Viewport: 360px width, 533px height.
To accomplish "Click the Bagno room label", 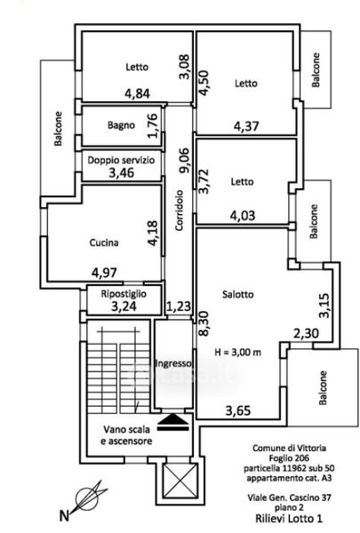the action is coord(121,125).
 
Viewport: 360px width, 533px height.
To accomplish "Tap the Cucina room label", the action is coord(104,243).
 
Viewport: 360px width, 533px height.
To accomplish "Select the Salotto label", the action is coord(238,294).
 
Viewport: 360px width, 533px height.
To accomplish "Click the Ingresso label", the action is coord(173,363).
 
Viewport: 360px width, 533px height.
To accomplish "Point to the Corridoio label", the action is coord(180,211).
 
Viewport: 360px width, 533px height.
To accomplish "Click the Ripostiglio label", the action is coord(124,294).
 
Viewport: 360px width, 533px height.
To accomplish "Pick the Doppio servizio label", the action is coord(121,160).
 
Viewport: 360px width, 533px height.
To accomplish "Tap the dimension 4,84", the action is coord(137,93).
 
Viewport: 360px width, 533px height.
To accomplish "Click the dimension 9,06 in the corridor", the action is coord(185,161).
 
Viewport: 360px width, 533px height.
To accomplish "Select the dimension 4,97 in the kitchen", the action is coord(104,273).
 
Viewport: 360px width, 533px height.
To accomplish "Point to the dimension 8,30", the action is coord(204,324).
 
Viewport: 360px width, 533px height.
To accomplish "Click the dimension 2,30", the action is coord(307,333).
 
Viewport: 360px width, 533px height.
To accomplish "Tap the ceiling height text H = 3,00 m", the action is coord(238,352).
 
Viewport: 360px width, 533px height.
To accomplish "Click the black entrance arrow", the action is coord(173,423).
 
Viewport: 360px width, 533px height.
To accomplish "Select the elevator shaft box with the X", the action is coord(180,481).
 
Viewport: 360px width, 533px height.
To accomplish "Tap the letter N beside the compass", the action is coord(64,516).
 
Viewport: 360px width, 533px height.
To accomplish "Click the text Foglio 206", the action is coord(289,457).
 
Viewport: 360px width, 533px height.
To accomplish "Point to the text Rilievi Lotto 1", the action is coord(289,519).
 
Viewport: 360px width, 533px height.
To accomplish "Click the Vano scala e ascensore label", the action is coord(126,435).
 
